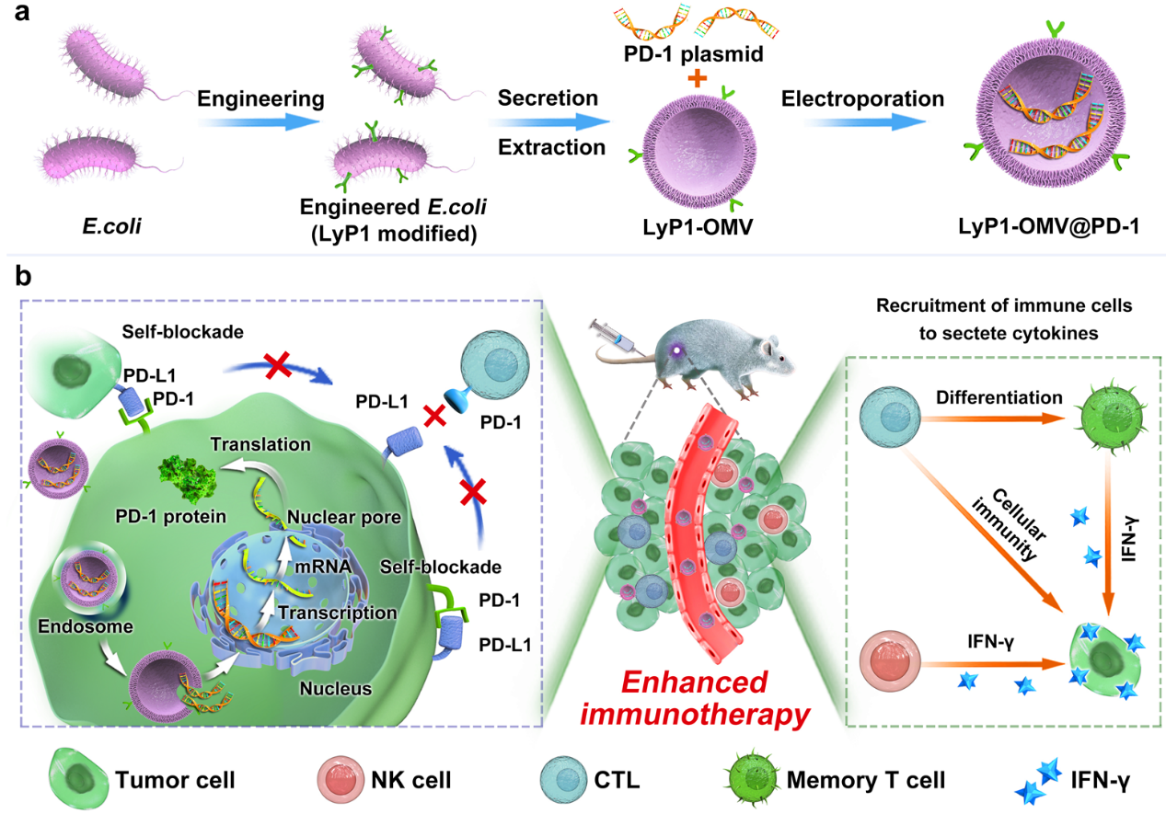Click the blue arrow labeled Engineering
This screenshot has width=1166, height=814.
pos(260,119)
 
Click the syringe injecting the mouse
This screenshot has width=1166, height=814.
pos(613,331)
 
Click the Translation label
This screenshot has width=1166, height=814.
pos(260,444)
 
